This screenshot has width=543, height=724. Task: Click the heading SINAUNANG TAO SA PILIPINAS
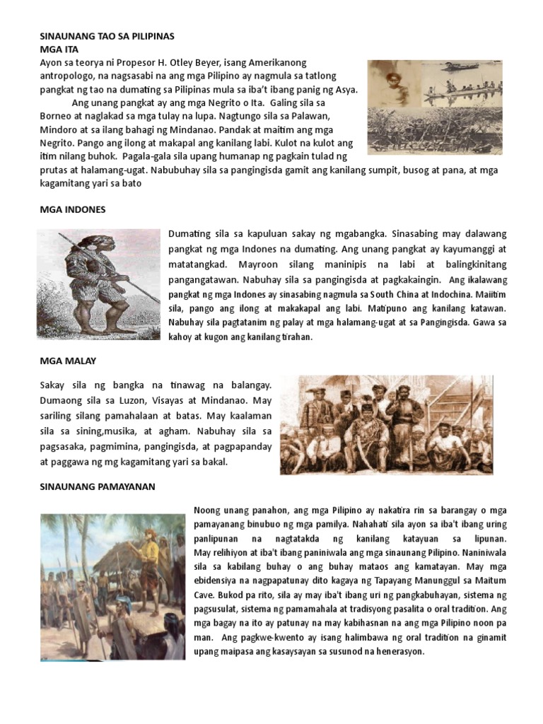pyautogui.click(x=106, y=35)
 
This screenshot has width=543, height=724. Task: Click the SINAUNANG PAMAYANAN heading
pyautogui.click(x=97, y=486)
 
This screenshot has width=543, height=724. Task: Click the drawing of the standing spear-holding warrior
pyautogui.click(x=99, y=283)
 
